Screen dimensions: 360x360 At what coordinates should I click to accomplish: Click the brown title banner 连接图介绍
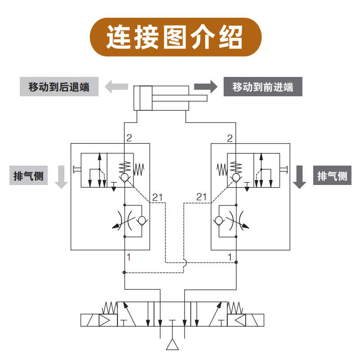pyautogui.click(x=175, y=37)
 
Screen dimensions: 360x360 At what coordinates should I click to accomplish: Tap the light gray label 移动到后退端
pyautogui.click(x=59, y=86)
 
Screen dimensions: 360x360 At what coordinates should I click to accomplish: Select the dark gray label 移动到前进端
pyautogui.click(x=263, y=86)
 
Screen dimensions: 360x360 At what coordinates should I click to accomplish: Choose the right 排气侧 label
pyautogui.click(x=332, y=175)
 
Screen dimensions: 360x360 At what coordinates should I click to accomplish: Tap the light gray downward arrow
pyautogui.click(x=61, y=176)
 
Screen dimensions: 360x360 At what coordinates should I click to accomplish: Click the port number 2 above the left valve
pyautogui.click(x=129, y=138)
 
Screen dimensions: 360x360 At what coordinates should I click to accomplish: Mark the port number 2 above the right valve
pyautogui.click(x=230, y=138)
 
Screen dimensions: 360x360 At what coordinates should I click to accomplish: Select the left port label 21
pyautogui.click(x=157, y=197)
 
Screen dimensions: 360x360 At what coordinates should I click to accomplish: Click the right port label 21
pyautogui.click(x=202, y=197)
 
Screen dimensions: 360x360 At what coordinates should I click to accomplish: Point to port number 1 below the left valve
pyautogui.click(x=129, y=257)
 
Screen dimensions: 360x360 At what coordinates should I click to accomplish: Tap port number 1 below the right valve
pyautogui.click(x=230, y=257)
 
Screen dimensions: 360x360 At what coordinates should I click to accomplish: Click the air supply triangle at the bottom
pyautogui.click(x=173, y=344)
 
